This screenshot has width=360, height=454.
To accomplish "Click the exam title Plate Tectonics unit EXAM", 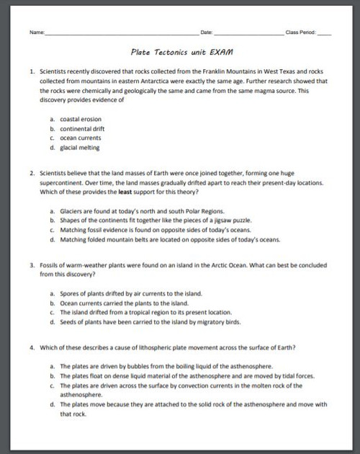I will pyautogui.click(x=182, y=53).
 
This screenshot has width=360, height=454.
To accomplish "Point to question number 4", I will pyautogui.click(x=32, y=347).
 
